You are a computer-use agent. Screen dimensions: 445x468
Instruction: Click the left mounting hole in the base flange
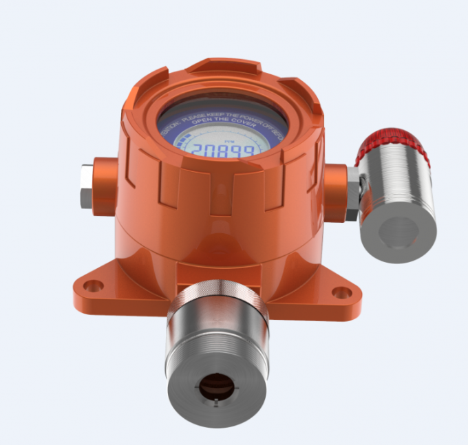click(93, 285)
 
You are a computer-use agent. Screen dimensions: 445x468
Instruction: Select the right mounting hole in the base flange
click(341, 292)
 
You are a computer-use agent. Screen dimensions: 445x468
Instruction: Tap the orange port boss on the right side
click(335, 192)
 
